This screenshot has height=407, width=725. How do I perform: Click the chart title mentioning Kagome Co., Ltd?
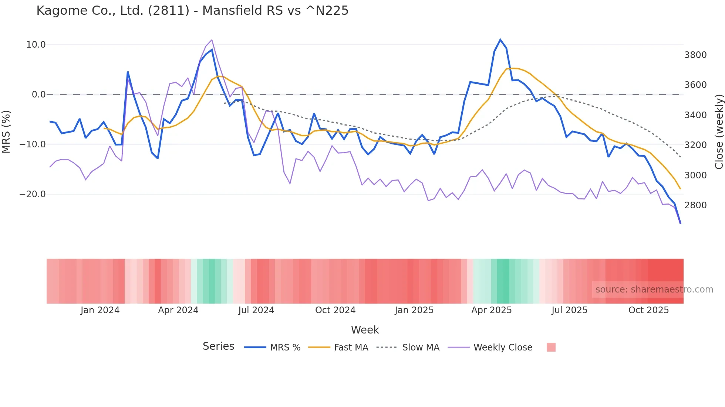(192, 11)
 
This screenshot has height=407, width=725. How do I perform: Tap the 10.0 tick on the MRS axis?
(36, 45)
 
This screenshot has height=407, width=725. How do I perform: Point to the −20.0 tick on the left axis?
(33, 194)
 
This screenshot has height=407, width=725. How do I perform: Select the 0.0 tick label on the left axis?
(38, 95)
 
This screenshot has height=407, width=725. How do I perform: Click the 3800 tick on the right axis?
(695, 55)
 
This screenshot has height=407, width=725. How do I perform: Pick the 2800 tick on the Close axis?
(695, 205)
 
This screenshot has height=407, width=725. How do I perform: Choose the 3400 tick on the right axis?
(695, 115)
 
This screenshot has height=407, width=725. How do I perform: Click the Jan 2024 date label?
(100, 310)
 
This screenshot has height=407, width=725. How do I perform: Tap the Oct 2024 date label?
(335, 310)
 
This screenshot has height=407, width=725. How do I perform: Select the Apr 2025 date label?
(491, 310)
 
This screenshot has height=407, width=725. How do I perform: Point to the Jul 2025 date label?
(569, 310)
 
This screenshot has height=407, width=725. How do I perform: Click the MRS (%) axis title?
(6, 131)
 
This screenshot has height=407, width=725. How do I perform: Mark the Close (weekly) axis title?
(719, 132)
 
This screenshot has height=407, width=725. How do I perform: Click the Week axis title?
(365, 330)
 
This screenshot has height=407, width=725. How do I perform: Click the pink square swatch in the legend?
(551, 348)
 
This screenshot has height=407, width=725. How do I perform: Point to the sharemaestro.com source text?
(654, 290)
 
